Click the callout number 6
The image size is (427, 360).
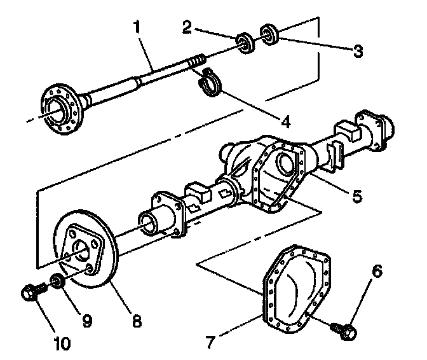(377, 272)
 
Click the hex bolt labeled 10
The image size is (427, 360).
(29, 293)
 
